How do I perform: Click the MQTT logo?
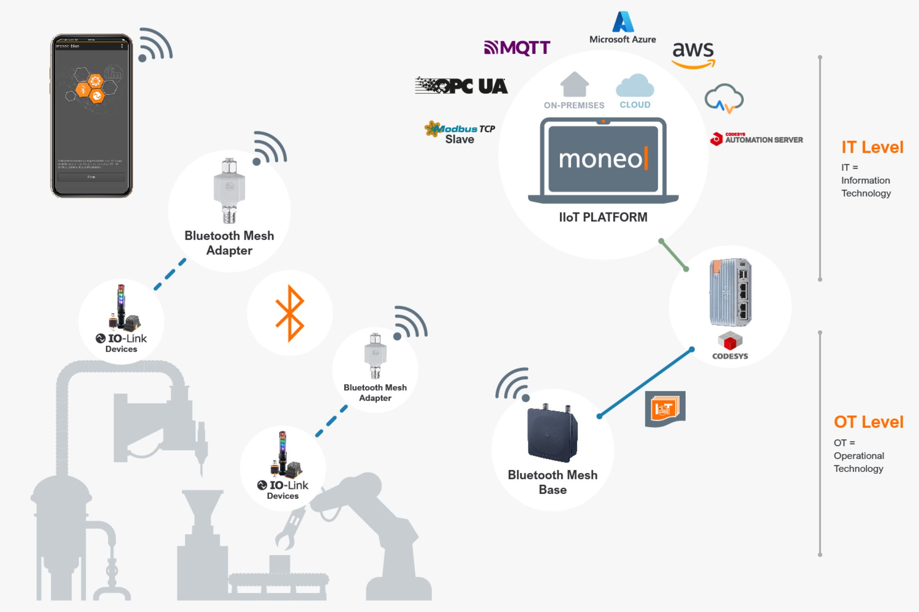point(517,48)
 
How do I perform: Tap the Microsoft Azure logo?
point(622,27)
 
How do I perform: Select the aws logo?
point(693,54)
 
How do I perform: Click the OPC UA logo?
point(462,86)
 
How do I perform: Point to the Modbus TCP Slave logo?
point(459,132)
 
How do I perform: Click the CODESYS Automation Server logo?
point(756,139)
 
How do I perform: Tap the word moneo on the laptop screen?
point(600,159)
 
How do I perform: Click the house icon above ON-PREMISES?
point(574,84)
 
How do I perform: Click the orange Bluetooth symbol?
point(290,313)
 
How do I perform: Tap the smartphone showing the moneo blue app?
point(91,116)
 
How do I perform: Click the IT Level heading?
point(872,147)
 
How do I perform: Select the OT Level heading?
point(869,422)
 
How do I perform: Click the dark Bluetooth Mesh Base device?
point(553,435)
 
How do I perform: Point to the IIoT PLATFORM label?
point(603,217)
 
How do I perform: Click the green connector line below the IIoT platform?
point(673,255)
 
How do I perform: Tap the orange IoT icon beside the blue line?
point(665,409)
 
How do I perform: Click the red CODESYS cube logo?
point(730,341)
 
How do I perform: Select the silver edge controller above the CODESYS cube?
point(730,292)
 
